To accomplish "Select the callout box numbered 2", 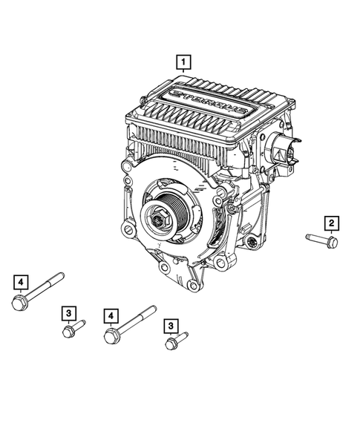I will tap(331, 223).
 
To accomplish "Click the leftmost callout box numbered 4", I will tap(21, 282).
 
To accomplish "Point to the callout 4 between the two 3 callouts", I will tap(111, 316).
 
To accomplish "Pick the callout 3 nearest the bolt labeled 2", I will tap(171, 324).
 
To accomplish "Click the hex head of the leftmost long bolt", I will tap(19, 302).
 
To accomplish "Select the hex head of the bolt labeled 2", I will tap(332, 243).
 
